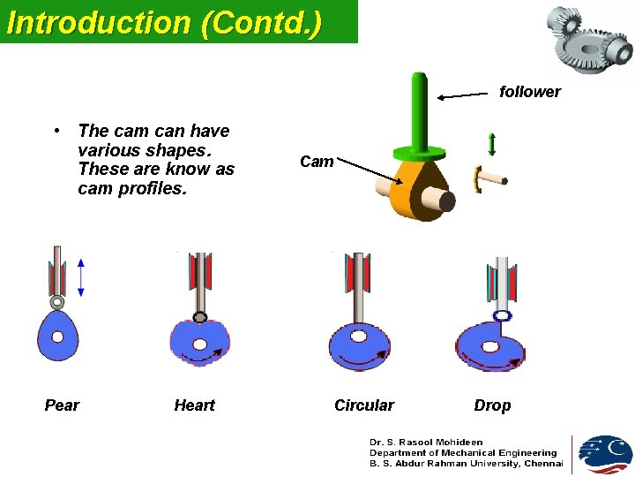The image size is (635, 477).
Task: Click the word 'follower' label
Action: click(529, 92)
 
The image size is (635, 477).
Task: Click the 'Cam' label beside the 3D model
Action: click(317, 162)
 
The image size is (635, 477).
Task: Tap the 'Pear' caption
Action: click(62, 405)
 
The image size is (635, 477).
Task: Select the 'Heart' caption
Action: click(194, 405)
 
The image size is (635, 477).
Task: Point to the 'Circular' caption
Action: click(363, 405)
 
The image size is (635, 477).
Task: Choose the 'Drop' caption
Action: click(492, 405)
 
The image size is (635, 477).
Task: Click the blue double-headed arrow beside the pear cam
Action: click(80, 277)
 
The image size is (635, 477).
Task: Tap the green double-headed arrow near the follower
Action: click(491, 145)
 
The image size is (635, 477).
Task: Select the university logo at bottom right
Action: click(604, 454)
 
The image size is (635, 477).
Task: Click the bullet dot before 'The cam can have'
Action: click(56, 132)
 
